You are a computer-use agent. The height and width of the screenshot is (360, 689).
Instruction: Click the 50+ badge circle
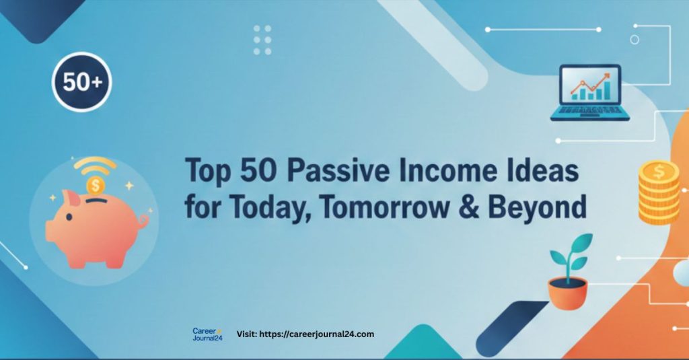[82, 82]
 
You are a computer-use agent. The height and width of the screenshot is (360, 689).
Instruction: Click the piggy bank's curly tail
[142, 220]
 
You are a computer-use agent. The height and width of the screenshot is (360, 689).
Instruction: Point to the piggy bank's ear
[69, 197]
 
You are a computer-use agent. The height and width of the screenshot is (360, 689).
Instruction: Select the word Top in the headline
[207, 172]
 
